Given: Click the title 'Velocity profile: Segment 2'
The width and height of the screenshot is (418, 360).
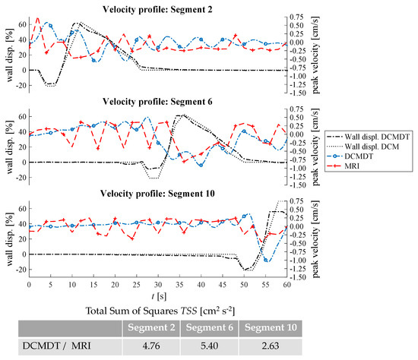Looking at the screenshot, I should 157,8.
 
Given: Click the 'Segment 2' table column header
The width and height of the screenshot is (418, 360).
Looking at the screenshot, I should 150,327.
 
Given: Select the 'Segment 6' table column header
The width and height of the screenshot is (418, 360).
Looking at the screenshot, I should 209,327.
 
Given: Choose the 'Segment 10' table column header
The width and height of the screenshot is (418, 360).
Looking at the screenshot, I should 268,327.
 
